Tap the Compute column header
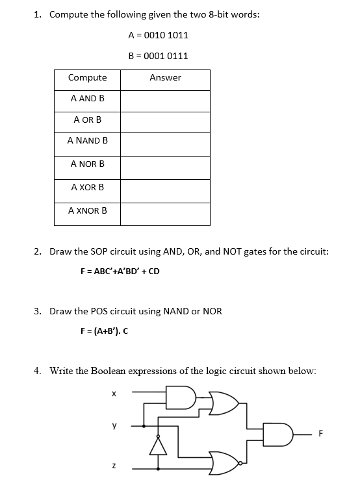88,78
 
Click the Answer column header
165,78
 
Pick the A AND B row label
88,99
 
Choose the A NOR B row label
88,164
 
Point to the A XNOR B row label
88,210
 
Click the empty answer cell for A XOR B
165,188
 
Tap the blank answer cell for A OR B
165,121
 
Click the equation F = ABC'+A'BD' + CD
119,271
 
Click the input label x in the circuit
113,393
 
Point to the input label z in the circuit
113,466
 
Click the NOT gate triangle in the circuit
158,446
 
